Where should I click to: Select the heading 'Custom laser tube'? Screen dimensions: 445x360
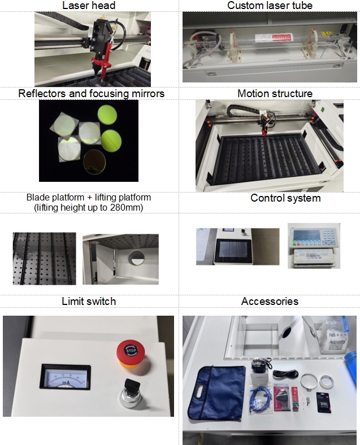coord(270,6)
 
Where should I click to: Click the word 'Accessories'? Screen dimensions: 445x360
coord(270,302)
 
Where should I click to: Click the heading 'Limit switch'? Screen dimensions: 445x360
coord(89,302)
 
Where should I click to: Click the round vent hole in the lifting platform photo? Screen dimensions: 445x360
coord(136,259)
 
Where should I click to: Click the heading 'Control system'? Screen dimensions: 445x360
coord(285,198)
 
